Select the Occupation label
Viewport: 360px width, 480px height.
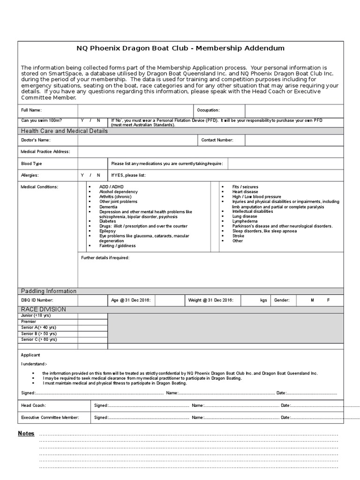(x=208, y=110)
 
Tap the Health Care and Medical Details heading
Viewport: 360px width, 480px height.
(x=64, y=131)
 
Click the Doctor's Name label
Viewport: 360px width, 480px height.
(x=36, y=140)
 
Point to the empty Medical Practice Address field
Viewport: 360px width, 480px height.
(x=210, y=151)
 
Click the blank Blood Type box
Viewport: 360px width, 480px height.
(x=92, y=164)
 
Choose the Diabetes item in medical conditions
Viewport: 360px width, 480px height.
(x=107, y=221)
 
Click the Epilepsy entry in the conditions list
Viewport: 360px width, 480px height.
(x=107, y=231)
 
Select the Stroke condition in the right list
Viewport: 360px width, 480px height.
(x=239, y=236)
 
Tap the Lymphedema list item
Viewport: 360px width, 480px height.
(x=245, y=221)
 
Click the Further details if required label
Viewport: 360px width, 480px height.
(x=105, y=258)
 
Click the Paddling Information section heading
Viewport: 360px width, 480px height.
(x=49, y=291)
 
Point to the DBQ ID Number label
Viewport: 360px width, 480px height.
(x=37, y=300)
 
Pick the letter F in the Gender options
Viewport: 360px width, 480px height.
(x=328, y=300)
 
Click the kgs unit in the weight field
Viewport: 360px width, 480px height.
(x=263, y=300)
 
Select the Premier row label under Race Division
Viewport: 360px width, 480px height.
(x=29, y=322)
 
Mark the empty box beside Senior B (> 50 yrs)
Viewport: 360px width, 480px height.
(x=92, y=333)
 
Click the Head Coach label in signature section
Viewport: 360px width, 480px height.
(x=33, y=405)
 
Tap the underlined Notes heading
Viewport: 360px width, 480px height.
(x=26, y=434)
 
